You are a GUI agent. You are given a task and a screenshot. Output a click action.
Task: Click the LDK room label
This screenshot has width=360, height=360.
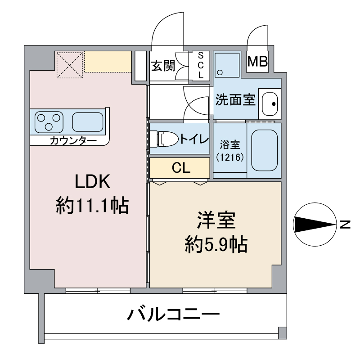click(93, 181)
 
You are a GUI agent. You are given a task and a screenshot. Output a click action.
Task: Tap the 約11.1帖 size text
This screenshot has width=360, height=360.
click(92, 206)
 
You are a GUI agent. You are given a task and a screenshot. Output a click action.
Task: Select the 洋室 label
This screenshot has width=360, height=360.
click(216, 220)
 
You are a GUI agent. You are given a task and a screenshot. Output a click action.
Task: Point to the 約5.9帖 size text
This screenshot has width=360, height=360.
click(216, 244)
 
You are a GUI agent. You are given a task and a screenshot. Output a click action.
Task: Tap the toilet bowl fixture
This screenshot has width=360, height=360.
click(164, 139)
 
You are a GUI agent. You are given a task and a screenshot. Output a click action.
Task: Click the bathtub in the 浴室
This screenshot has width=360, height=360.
click(264, 150)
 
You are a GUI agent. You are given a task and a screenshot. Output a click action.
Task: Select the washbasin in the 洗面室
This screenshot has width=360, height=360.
click(270, 104)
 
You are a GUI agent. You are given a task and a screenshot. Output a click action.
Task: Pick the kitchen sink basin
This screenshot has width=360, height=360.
click(87, 122)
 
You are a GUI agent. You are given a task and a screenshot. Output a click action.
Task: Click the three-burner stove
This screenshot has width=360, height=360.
click(49, 122)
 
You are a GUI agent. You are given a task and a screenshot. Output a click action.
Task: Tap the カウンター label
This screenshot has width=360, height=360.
click(73, 140)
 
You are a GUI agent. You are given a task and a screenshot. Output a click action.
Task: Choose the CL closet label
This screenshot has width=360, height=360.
click(181, 168)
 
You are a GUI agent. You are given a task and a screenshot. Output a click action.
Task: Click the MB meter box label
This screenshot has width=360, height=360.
click(257, 62)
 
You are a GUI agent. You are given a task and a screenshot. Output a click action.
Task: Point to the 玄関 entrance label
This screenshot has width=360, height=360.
click(163, 66)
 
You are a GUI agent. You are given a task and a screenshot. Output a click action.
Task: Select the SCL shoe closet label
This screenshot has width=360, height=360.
click(201, 65)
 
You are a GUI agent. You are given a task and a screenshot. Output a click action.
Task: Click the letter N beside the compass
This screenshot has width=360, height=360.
click(345, 225)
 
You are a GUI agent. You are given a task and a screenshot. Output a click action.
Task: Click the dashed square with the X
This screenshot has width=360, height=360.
click(70, 65)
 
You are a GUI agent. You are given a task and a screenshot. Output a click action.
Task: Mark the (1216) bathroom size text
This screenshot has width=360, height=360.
click(230, 157)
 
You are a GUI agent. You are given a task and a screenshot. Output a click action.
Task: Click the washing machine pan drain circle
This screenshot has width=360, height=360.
click(220, 72)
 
